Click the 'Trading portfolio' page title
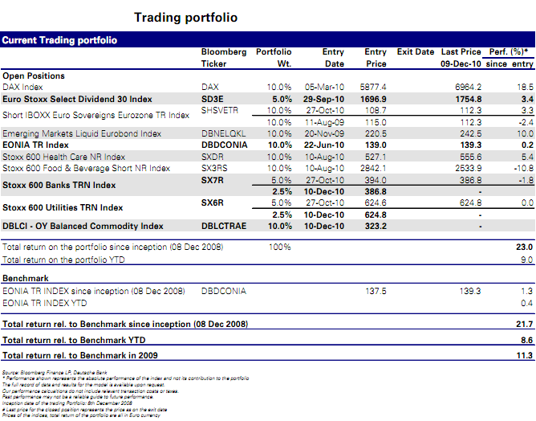pyautogui.click(x=185, y=18)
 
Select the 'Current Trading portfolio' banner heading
pyautogui.click(x=60, y=39)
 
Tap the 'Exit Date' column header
pyautogui.click(x=416, y=52)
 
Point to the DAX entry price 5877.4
pyautogui.click(x=372, y=86)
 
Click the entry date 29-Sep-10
pyautogui.click(x=323, y=99)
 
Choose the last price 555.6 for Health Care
pyautogui.click(x=468, y=157)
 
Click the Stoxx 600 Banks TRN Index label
pyautogui.click(x=59, y=185)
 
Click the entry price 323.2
pyautogui.click(x=375, y=228)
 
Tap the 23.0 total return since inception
pyautogui.click(x=525, y=248)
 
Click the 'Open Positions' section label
pyautogui.click(x=35, y=76)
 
